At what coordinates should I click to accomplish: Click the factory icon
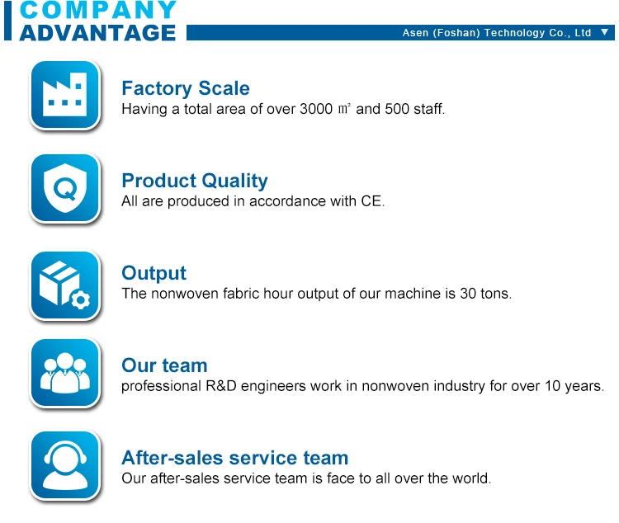click(65, 95)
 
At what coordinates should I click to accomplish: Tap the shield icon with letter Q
click(65, 188)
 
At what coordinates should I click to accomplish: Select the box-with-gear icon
click(65, 285)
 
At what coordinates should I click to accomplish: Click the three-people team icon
click(65, 373)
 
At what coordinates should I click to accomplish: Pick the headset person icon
click(65, 465)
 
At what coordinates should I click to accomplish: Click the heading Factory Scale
click(186, 88)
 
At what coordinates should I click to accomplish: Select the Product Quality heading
click(195, 181)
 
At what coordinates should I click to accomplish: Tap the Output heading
click(154, 273)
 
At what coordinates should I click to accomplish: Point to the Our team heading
click(164, 365)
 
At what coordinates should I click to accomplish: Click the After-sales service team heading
click(235, 458)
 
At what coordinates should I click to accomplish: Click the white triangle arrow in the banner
click(604, 32)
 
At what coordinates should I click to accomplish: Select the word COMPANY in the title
click(98, 9)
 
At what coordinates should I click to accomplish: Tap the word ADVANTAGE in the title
click(97, 33)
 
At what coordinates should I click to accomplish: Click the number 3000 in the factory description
click(316, 109)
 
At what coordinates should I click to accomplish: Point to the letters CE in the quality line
click(371, 201)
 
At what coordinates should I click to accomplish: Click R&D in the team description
click(221, 386)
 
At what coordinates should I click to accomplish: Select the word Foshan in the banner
click(456, 33)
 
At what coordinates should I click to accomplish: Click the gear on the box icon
click(81, 301)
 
